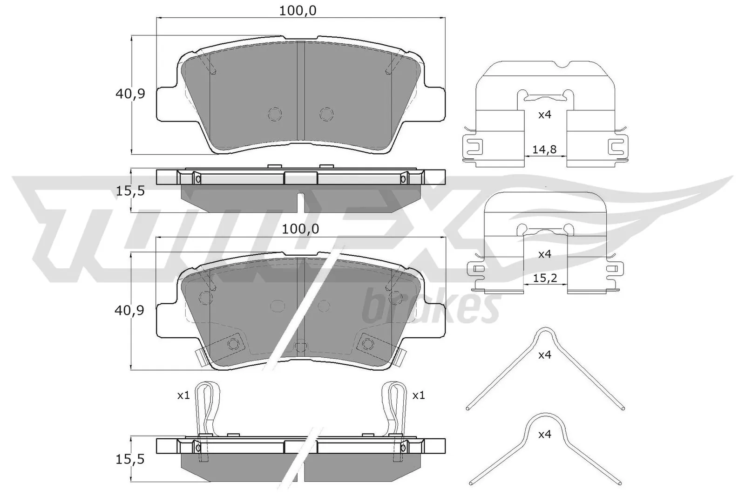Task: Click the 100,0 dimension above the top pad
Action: click(x=298, y=11)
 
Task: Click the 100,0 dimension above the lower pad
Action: click(x=300, y=229)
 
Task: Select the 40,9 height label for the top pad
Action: click(x=130, y=94)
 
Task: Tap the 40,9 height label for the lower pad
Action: click(x=129, y=311)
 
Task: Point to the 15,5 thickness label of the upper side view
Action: click(x=130, y=191)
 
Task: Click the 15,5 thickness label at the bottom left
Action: click(x=130, y=459)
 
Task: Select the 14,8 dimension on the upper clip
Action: click(x=544, y=150)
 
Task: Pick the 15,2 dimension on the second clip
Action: click(x=545, y=279)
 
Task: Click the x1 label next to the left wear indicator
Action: click(x=183, y=395)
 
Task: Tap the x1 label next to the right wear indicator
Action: click(x=419, y=395)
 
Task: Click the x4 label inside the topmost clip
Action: click(x=544, y=115)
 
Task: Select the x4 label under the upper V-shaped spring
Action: click(x=544, y=355)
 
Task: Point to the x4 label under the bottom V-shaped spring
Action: click(x=544, y=435)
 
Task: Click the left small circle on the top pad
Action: click(x=275, y=114)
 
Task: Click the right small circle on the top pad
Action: click(x=326, y=114)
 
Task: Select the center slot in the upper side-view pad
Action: click(x=301, y=201)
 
